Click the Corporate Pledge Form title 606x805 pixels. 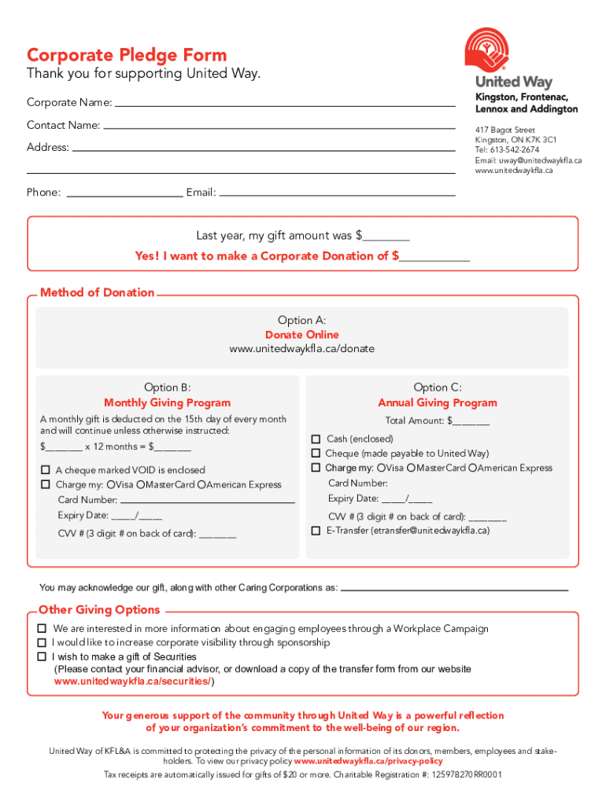[127, 55]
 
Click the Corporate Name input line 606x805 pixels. [285, 103]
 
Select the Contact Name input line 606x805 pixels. [279, 125]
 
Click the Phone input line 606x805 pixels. [125, 193]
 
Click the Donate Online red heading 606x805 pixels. [301, 335]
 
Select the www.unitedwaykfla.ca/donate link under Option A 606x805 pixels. [301, 348]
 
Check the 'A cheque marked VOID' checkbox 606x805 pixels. [46, 470]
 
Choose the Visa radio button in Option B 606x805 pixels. [111, 484]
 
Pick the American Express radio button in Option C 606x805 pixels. [472, 468]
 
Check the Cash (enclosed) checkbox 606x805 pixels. [316, 439]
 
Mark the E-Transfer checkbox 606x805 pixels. [316, 531]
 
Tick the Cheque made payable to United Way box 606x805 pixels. [316, 454]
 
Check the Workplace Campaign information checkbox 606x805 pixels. [42, 629]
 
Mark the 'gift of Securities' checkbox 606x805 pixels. [42, 656]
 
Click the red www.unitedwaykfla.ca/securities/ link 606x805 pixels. [133, 682]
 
